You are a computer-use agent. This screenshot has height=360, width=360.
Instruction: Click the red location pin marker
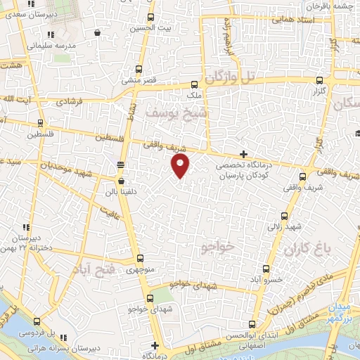[x=181, y=165]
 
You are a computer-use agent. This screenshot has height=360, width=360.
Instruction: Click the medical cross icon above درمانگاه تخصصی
[x=243, y=153]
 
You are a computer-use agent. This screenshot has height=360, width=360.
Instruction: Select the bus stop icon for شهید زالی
[x=284, y=216]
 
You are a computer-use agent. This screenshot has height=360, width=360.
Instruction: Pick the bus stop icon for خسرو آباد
[x=265, y=269]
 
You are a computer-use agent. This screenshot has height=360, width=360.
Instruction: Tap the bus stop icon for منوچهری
[x=140, y=258]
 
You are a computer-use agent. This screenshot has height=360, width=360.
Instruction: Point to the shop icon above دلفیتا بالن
[x=122, y=180]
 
